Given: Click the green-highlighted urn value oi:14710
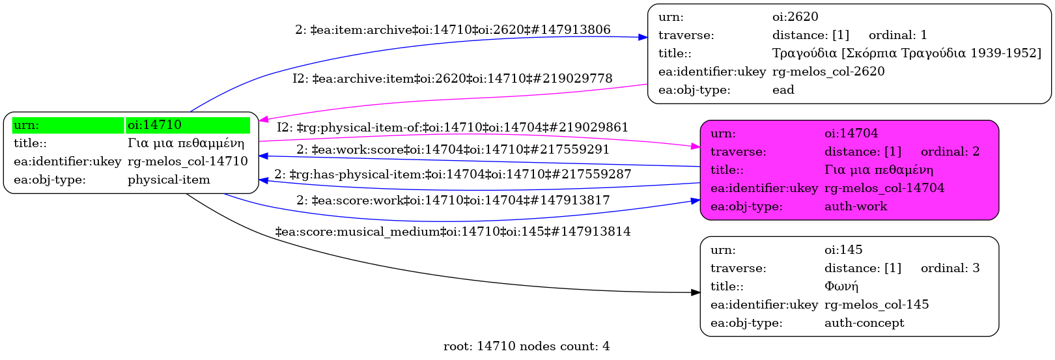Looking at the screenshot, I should point(154,125).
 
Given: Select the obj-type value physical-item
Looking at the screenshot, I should point(169,180).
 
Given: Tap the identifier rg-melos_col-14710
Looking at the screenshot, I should point(188,161).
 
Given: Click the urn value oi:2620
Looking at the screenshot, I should point(795,17).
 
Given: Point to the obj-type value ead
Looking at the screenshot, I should point(783,90).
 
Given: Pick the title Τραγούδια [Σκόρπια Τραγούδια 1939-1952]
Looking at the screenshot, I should point(907,53).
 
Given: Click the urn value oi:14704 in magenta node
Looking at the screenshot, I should point(851,133).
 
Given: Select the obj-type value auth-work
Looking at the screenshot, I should point(855,206).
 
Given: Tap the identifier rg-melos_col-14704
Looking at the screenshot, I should point(884,188).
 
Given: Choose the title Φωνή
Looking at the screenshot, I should point(841,286).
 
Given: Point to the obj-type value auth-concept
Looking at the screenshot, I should point(864,323).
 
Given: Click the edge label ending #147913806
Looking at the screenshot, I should point(453,30).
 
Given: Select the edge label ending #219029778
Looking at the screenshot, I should point(452,79).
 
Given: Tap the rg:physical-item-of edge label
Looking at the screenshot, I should point(452,128).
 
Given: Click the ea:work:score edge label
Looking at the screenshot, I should point(453,150).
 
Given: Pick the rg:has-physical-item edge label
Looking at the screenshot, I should point(453,174).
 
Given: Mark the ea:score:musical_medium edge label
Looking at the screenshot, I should point(453,232).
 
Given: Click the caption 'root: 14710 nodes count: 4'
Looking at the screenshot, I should point(526,346).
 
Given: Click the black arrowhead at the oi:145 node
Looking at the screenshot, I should point(696,293).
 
